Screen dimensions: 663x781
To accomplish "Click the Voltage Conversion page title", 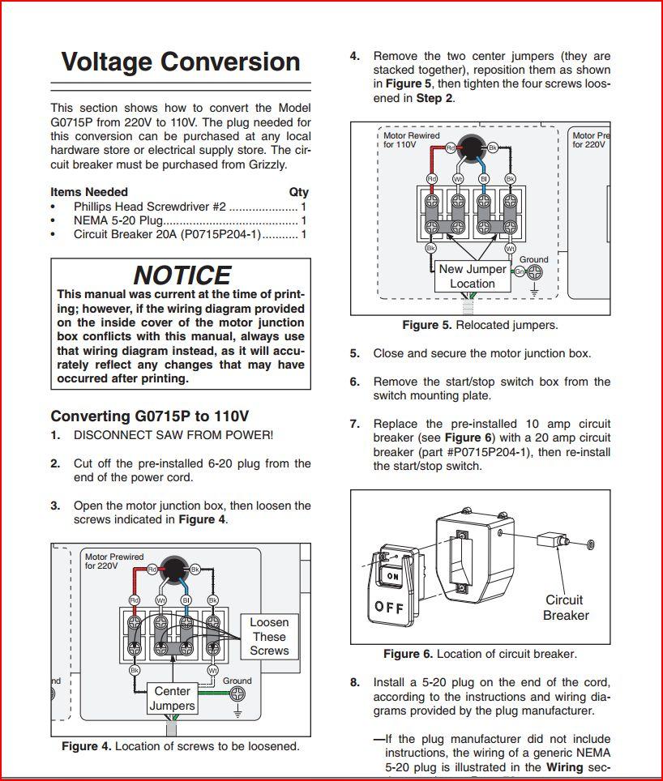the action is [x=181, y=62].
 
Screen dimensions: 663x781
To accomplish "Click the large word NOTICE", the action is [x=182, y=275].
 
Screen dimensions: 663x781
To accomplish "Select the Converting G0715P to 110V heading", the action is [x=149, y=416].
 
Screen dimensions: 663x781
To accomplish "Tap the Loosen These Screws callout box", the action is [x=269, y=637].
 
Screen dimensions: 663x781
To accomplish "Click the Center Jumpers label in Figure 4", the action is [x=173, y=698].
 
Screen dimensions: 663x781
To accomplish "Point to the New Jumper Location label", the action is [x=473, y=276].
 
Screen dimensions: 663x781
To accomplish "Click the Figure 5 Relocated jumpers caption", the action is [x=480, y=325].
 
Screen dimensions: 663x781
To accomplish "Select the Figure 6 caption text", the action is [x=480, y=654].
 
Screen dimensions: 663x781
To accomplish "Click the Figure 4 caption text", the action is [x=181, y=746].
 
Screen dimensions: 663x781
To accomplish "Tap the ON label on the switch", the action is [x=393, y=576].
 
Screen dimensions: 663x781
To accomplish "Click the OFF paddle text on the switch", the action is [x=390, y=607].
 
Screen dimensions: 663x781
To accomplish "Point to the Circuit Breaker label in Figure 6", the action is [x=566, y=608].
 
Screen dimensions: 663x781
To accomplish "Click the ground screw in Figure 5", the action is [x=534, y=272].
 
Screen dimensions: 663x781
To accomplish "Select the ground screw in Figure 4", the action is [x=237, y=694].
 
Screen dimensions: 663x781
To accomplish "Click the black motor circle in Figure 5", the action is [x=471, y=147].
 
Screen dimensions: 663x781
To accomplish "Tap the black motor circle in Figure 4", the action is [x=173, y=569].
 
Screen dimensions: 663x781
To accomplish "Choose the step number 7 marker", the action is [x=355, y=424].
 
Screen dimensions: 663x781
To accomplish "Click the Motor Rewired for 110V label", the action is [x=412, y=140].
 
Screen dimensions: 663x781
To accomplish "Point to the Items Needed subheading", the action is [x=89, y=192].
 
